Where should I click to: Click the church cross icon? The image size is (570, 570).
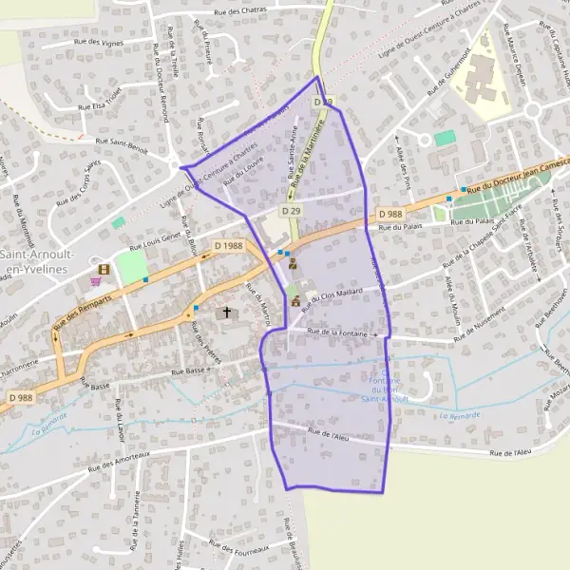(226, 312)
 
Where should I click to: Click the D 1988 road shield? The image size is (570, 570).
(229, 246)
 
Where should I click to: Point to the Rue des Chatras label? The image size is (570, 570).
(240, 11)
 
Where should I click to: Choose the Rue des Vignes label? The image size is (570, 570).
(99, 43)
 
